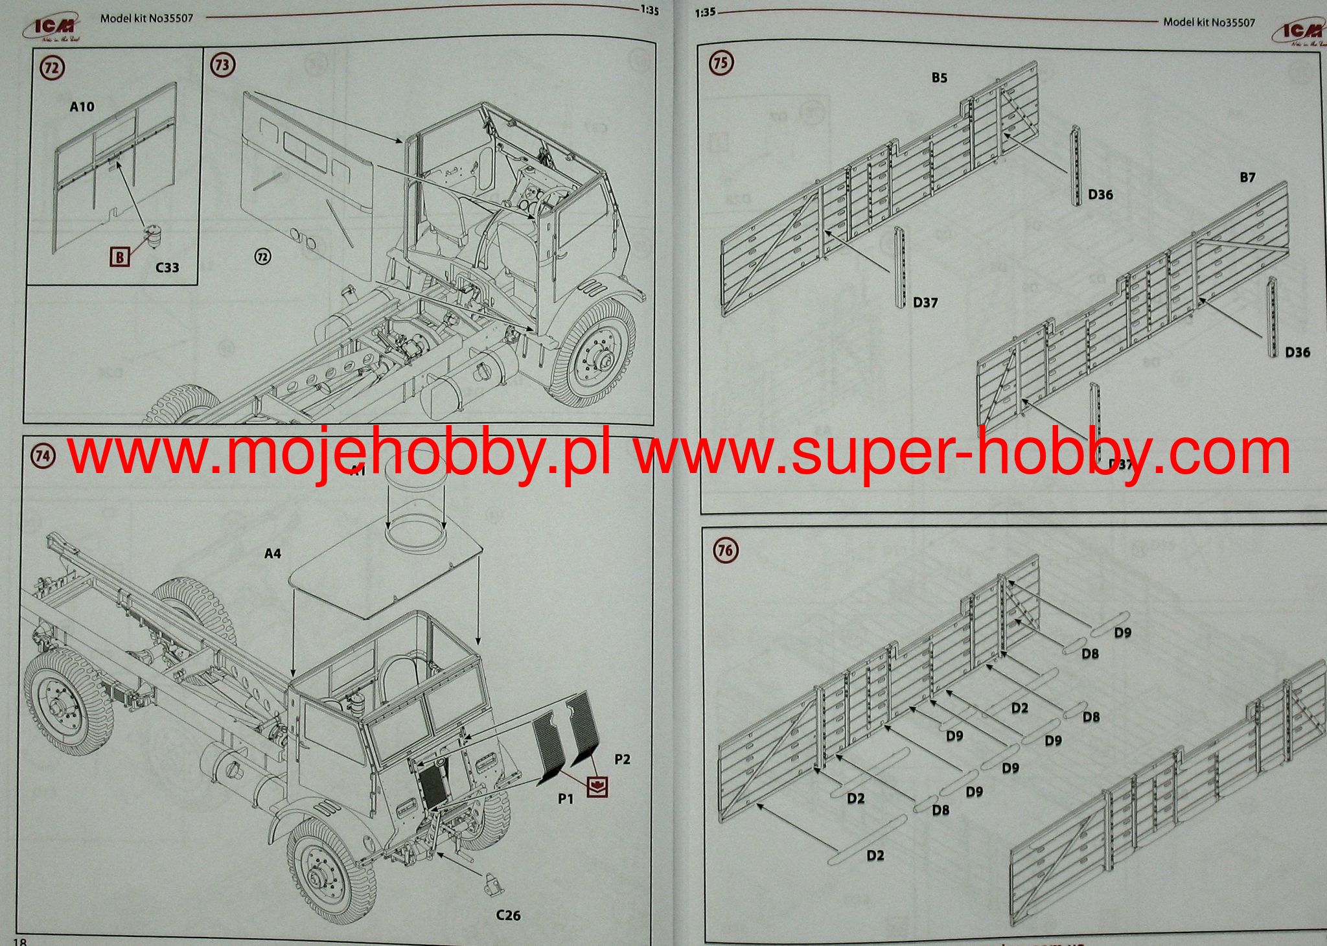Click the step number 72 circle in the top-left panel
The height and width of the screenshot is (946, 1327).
pyautogui.click(x=52, y=68)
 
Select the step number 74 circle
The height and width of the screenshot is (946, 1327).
pyautogui.click(x=43, y=456)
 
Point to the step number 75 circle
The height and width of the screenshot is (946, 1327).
pyautogui.click(x=720, y=63)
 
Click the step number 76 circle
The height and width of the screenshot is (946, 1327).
pyautogui.click(x=725, y=551)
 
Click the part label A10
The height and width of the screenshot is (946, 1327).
pyautogui.click(x=82, y=107)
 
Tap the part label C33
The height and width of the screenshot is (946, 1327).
pyautogui.click(x=167, y=268)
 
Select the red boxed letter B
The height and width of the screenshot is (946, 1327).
pyautogui.click(x=120, y=257)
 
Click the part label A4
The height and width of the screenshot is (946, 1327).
pyautogui.click(x=273, y=553)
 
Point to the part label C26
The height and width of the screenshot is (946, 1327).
pyautogui.click(x=508, y=916)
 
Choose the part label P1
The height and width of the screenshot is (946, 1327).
pyautogui.click(x=566, y=799)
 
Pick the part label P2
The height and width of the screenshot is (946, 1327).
pyautogui.click(x=622, y=759)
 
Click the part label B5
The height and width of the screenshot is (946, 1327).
pyautogui.click(x=939, y=78)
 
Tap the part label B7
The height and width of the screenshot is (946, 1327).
pyautogui.click(x=1247, y=177)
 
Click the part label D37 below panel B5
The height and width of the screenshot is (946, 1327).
pyautogui.click(x=925, y=303)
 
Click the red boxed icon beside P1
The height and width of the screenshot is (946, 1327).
pyautogui.click(x=597, y=787)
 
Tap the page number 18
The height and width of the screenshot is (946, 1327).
pyautogui.click(x=19, y=940)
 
